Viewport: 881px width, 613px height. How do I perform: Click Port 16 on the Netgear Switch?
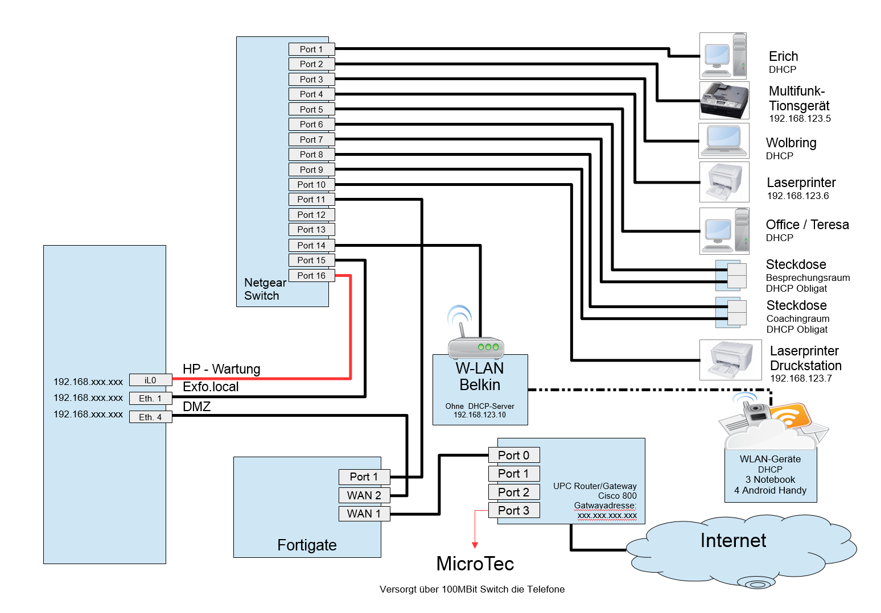[x=311, y=275]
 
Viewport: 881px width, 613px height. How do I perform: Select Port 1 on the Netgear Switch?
[x=311, y=49]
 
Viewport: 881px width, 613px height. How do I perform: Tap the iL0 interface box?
[x=151, y=380]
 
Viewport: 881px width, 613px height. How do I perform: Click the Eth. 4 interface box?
[x=151, y=417]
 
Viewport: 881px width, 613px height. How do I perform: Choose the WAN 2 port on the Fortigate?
[x=364, y=495]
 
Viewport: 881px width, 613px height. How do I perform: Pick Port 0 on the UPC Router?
[x=514, y=455]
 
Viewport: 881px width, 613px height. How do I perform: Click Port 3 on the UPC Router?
[x=514, y=510]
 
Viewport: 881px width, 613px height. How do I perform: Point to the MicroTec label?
[x=475, y=564]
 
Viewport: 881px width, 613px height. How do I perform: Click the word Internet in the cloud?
[x=733, y=540]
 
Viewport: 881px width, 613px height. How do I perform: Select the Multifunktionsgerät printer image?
[x=724, y=100]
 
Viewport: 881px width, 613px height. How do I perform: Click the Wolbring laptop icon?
[x=724, y=140]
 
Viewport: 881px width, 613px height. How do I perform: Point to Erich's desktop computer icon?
[x=723, y=56]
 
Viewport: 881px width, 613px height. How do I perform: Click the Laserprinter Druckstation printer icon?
[x=730, y=360]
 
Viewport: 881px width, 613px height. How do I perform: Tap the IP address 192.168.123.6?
[x=797, y=196]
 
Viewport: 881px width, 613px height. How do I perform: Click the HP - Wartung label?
[x=221, y=369]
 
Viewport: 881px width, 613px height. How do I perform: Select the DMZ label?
[x=197, y=407]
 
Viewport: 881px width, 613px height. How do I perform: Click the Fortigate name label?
[x=307, y=545]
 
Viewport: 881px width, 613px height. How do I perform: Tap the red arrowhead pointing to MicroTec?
[x=475, y=545]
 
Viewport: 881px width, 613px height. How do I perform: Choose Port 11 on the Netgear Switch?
[x=311, y=200]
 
